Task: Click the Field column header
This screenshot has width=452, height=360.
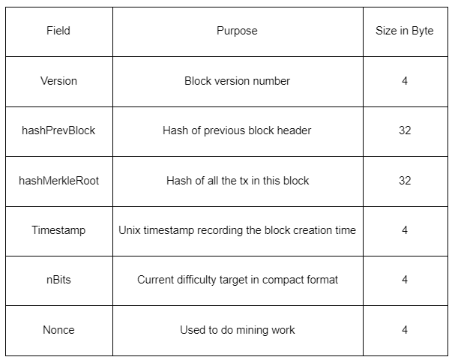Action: click(58, 31)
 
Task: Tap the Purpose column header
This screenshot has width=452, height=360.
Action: click(237, 31)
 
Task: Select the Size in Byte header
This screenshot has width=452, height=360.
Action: click(404, 31)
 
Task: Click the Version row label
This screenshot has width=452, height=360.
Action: click(58, 80)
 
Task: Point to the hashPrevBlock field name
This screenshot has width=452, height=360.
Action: click(58, 130)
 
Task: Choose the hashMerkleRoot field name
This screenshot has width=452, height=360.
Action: click(58, 180)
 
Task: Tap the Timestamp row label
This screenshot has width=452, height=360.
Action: click(58, 230)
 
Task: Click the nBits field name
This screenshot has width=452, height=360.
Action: click(58, 280)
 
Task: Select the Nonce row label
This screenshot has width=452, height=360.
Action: click(58, 329)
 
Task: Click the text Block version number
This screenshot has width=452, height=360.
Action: click(237, 80)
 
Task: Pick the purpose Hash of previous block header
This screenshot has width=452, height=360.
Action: click(237, 130)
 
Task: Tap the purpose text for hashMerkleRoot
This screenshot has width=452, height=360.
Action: click(237, 180)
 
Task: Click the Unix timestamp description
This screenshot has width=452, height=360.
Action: click(237, 230)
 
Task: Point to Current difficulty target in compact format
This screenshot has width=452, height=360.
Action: click(237, 280)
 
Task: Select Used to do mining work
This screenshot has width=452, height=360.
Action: click(237, 329)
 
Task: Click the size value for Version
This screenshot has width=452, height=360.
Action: click(405, 80)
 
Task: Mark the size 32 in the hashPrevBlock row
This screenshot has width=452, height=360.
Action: click(405, 130)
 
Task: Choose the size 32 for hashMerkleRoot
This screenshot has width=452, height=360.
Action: click(405, 180)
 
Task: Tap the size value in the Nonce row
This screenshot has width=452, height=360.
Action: click(405, 329)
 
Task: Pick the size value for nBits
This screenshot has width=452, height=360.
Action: click(405, 280)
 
